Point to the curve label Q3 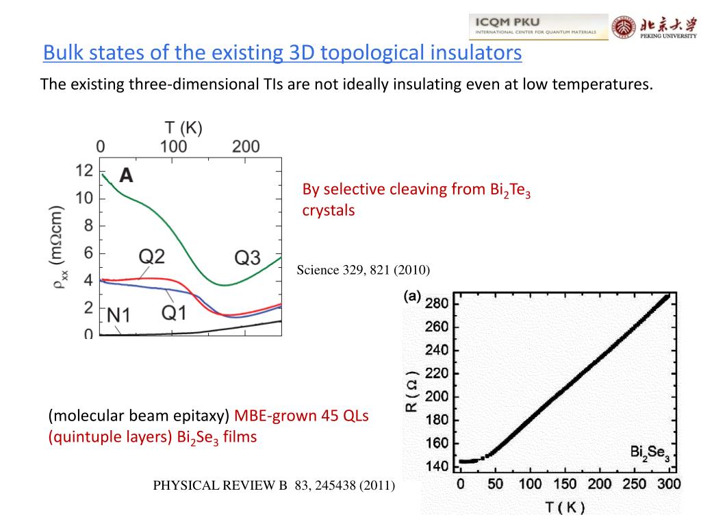[x=247, y=258]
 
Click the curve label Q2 [x=152, y=257]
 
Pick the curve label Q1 [x=174, y=312]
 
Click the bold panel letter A [x=126, y=176]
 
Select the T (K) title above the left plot [x=183, y=127]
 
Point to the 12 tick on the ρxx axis [x=84, y=171]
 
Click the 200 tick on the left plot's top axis [x=245, y=146]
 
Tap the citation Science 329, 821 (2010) [x=363, y=270]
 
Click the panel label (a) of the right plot [x=411, y=297]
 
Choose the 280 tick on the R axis [x=437, y=303]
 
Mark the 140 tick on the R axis [x=437, y=466]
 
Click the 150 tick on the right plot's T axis [x=565, y=485]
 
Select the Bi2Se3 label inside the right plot [x=650, y=452]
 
